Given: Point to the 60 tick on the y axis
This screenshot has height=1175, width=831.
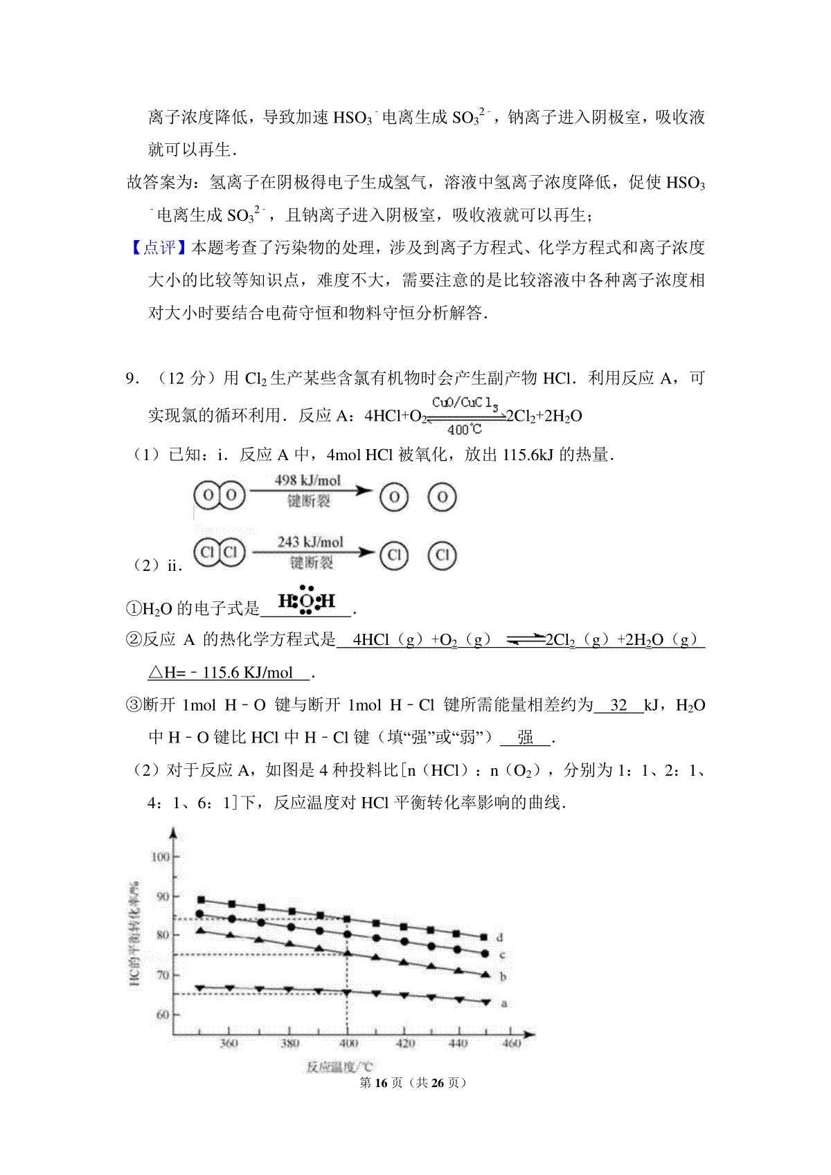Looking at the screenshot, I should [x=163, y=1014].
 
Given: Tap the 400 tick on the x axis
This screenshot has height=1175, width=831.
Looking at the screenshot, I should [x=348, y=1043].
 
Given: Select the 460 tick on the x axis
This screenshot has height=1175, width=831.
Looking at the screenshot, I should [x=511, y=1043].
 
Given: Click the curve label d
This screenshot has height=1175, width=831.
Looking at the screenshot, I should [x=500, y=938].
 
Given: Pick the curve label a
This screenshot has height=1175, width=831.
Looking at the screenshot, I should [x=504, y=1003].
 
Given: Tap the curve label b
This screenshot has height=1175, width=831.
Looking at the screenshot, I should [x=503, y=976].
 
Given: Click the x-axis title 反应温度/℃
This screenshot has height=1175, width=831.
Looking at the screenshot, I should [x=339, y=1066].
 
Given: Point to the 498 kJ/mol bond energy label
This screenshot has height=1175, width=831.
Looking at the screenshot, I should [x=308, y=480].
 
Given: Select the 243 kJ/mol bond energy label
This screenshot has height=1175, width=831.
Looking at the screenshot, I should [x=310, y=542].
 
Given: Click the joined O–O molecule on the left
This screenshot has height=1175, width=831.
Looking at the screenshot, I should [x=220, y=495].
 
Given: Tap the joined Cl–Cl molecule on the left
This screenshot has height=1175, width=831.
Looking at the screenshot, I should [x=220, y=553].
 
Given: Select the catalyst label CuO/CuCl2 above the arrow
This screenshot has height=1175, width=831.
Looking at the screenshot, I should [x=465, y=402].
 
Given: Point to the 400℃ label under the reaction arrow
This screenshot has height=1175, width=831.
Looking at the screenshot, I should [x=464, y=430].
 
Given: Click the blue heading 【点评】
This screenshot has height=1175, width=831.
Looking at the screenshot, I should [x=159, y=248].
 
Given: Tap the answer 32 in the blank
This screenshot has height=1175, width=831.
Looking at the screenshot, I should [x=618, y=705].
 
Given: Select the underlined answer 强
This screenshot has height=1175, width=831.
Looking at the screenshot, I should [x=526, y=738].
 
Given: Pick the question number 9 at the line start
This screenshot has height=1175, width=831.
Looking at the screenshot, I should [x=131, y=379].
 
